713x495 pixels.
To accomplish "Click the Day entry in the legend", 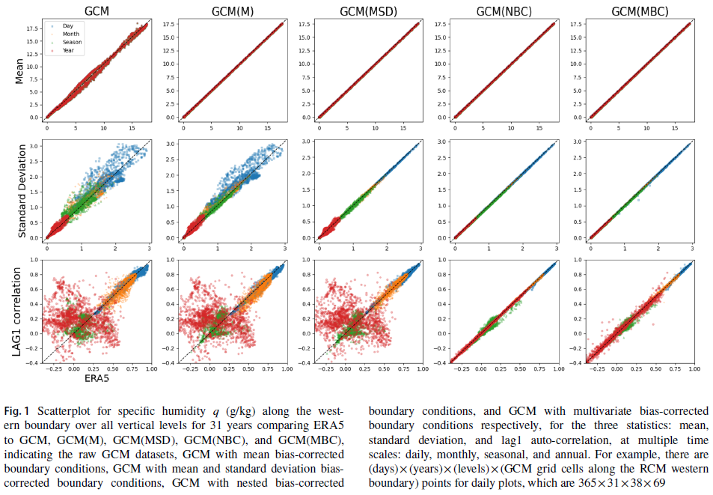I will [66, 26].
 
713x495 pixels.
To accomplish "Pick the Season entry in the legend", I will [72, 43].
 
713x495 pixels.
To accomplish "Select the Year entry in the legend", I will [67, 51].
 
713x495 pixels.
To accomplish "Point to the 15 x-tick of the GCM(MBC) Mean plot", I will [670, 128].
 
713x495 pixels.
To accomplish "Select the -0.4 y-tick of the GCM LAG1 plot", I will [32, 363].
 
